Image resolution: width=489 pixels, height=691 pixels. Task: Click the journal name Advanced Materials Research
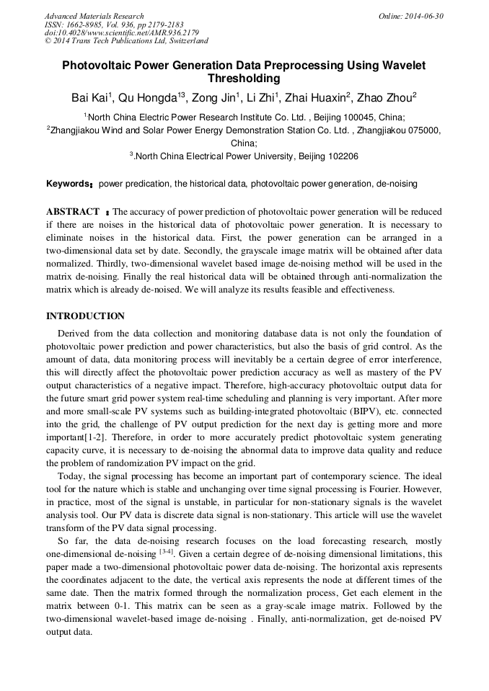pyautogui.click(x=94, y=16)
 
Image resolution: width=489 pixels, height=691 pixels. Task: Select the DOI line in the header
pyautogui.click(x=122, y=32)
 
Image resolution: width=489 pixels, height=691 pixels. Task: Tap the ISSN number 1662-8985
pyautogui.click(x=89, y=24)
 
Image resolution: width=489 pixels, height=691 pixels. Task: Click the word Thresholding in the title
pyautogui.click(x=244, y=79)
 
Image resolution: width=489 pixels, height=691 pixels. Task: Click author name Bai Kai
pyautogui.click(x=89, y=98)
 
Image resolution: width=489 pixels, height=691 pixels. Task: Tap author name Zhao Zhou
pyautogui.click(x=387, y=98)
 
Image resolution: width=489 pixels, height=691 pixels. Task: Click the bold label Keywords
pyautogui.click(x=67, y=184)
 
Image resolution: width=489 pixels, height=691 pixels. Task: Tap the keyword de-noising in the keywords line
pyautogui.click(x=396, y=184)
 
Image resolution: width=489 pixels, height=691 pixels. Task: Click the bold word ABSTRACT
pyautogui.click(x=72, y=212)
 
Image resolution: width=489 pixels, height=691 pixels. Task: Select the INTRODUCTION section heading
pyautogui.click(x=85, y=316)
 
